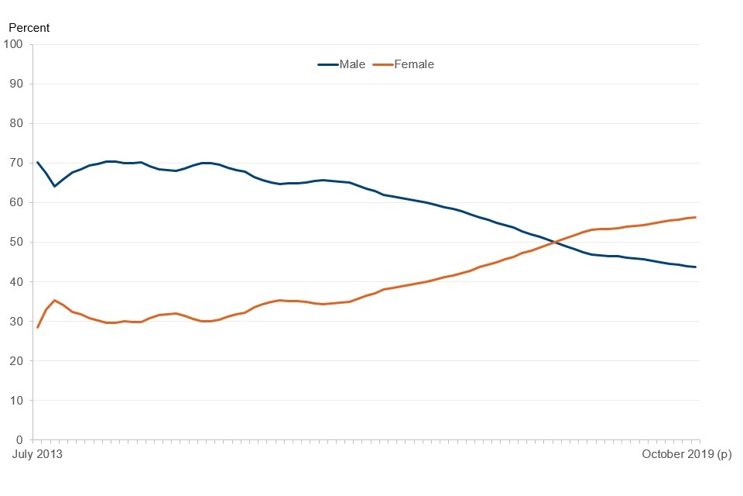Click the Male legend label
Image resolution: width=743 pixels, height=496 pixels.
click(x=352, y=64)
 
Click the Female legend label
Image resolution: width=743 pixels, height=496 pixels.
click(x=414, y=64)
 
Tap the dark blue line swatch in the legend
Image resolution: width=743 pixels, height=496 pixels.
click(x=327, y=64)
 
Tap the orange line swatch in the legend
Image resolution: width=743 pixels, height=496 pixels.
click(x=383, y=64)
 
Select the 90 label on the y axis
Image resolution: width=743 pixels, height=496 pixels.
click(x=17, y=84)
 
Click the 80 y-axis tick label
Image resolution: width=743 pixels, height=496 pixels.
click(x=17, y=123)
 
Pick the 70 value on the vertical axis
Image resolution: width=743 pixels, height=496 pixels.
click(x=17, y=163)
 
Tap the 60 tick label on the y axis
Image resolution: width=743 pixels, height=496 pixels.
click(x=17, y=202)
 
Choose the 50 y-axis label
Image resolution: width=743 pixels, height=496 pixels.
click(x=17, y=242)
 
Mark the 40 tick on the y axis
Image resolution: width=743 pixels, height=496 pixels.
click(x=17, y=281)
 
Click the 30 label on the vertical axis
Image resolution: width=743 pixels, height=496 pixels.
click(x=17, y=321)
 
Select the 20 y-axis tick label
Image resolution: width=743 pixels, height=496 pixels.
click(x=17, y=360)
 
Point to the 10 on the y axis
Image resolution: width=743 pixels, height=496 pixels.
click(x=17, y=400)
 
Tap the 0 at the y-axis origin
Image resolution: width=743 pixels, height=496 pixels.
click(x=20, y=439)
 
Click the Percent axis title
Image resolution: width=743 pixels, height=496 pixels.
click(x=29, y=28)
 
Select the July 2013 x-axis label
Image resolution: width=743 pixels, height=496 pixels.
click(x=36, y=455)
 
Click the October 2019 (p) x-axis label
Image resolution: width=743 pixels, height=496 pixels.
click(x=686, y=455)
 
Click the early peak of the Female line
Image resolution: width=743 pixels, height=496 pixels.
click(x=54, y=300)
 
